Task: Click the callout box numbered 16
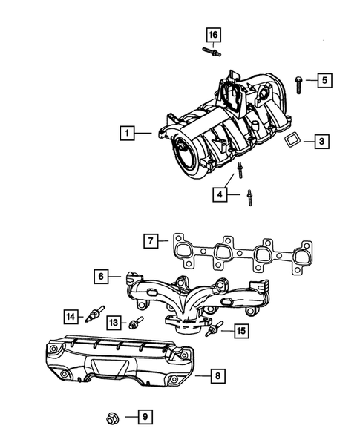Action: (x=214, y=35)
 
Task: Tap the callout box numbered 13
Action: (x=114, y=323)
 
